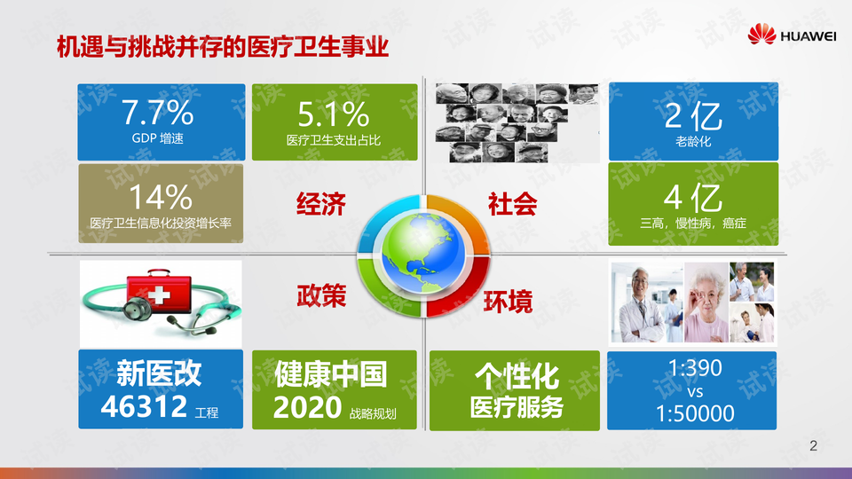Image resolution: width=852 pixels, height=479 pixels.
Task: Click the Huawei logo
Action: point(792,35)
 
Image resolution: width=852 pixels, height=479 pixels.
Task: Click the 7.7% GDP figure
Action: point(158,112)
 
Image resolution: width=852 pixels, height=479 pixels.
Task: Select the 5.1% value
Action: point(334,114)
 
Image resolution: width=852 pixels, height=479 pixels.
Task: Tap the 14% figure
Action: point(161,197)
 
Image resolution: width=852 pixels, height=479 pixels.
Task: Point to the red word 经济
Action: point(321,204)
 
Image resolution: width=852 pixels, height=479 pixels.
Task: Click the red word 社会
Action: point(512,204)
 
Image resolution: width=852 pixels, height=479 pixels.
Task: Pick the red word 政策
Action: point(321,296)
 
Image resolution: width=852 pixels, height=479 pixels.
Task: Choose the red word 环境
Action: point(508,302)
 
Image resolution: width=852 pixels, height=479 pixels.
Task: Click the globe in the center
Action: point(422,253)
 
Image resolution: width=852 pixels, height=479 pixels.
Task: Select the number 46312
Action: point(144,406)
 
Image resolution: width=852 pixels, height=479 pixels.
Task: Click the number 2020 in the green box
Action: point(308,407)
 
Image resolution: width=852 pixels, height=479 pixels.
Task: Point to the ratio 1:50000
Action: point(695,414)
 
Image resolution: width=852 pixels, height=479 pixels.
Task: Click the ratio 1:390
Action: point(695,368)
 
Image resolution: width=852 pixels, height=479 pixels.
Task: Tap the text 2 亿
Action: point(693,115)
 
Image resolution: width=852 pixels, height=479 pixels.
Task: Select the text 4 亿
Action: point(693,198)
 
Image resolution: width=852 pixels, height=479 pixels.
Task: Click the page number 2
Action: point(814,446)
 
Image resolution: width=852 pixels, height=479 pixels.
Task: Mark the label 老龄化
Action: point(693,142)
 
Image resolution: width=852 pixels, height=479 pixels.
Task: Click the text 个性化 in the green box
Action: point(517,376)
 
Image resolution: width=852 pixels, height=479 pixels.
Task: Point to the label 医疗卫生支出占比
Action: point(334,140)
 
